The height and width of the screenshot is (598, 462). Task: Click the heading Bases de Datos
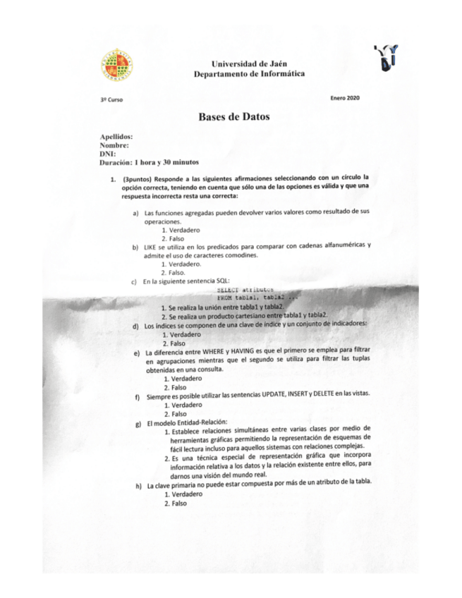point(233,117)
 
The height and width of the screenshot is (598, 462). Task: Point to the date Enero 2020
point(344,97)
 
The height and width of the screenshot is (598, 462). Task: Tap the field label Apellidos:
point(117,137)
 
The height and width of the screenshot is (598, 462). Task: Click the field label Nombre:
point(114,145)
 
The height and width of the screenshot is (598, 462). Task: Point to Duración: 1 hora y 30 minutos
point(149,161)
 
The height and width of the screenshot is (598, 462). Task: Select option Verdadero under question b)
point(183,264)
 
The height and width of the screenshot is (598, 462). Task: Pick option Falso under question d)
point(171,343)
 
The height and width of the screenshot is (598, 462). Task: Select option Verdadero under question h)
point(180,494)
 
